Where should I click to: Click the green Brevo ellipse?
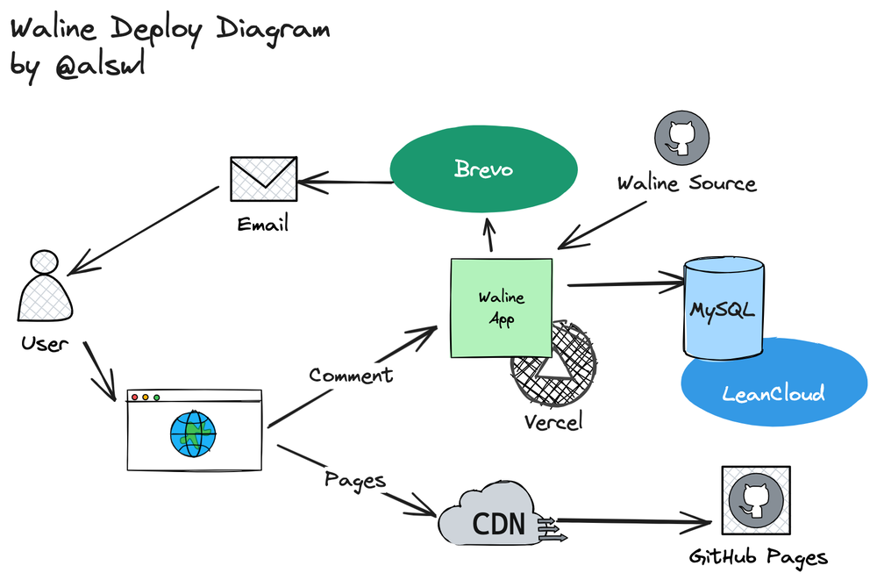click(483, 169)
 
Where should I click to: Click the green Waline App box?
click(501, 308)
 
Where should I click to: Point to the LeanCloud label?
click(774, 392)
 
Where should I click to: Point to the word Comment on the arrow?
click(351, 375)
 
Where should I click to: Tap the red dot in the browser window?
click(134, 397)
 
